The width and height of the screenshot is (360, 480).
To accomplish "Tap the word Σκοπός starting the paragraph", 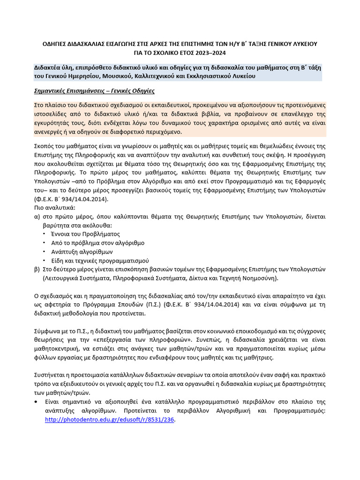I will [x=46, y=145].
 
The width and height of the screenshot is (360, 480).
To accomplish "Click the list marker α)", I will [x=37, y=216].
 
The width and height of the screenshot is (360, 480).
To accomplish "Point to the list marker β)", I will [x=37, y=269].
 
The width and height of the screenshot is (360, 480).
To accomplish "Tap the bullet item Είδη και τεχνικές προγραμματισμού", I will [x=100, y=260].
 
